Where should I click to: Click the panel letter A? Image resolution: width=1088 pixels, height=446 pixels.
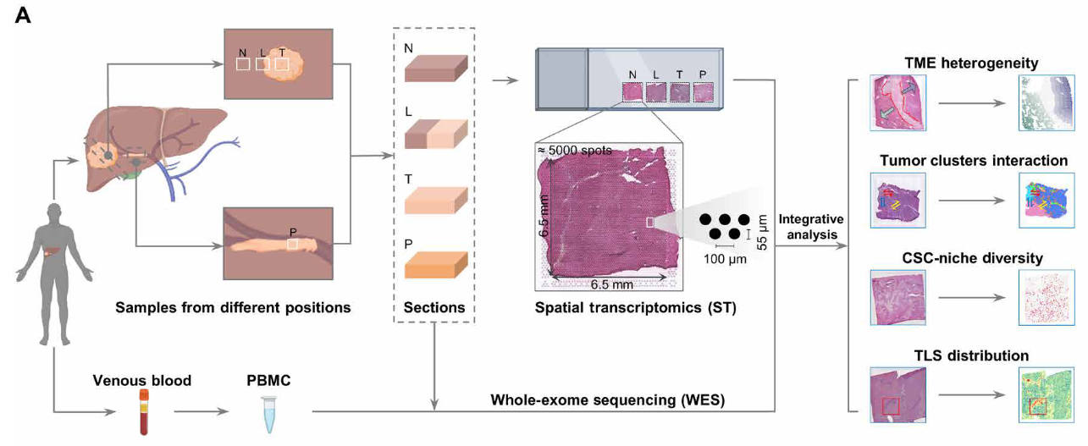click(24, 15)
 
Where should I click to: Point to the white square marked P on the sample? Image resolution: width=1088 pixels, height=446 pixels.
click(292, 244)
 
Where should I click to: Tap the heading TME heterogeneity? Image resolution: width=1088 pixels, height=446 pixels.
click(971, 63)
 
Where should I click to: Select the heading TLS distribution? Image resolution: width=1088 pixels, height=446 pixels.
click(971, 355)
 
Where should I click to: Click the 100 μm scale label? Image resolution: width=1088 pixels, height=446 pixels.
click(726, 259)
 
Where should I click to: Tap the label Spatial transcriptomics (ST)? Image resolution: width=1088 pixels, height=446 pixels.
click(635, 308)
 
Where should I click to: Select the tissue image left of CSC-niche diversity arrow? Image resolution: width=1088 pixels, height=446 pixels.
click(897, 297)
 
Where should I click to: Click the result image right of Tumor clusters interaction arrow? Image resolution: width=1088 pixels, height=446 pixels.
click(1047, 201)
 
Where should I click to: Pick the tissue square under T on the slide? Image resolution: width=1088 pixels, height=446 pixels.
click(680, 91)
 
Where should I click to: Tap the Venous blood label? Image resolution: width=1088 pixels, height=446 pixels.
click(141, 380)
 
